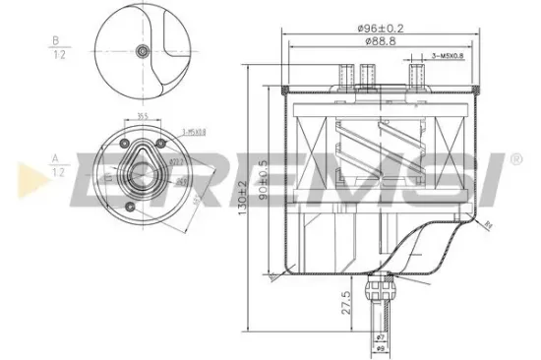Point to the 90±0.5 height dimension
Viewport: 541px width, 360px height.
click(264, 176)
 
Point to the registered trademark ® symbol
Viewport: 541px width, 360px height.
click(515, 156)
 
